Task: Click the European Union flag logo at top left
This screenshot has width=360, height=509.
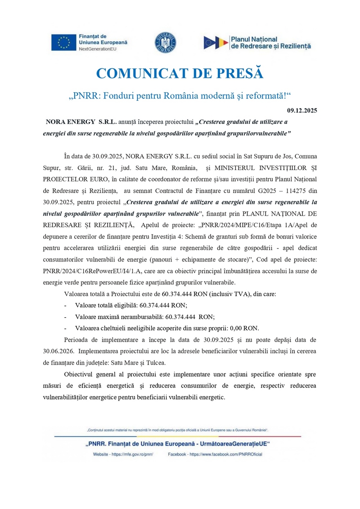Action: click(x=63, y=42)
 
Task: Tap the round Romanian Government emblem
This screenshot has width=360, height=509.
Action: click(x=165, y=42)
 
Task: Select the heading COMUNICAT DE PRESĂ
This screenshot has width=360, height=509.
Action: click(x=180, y=74)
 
